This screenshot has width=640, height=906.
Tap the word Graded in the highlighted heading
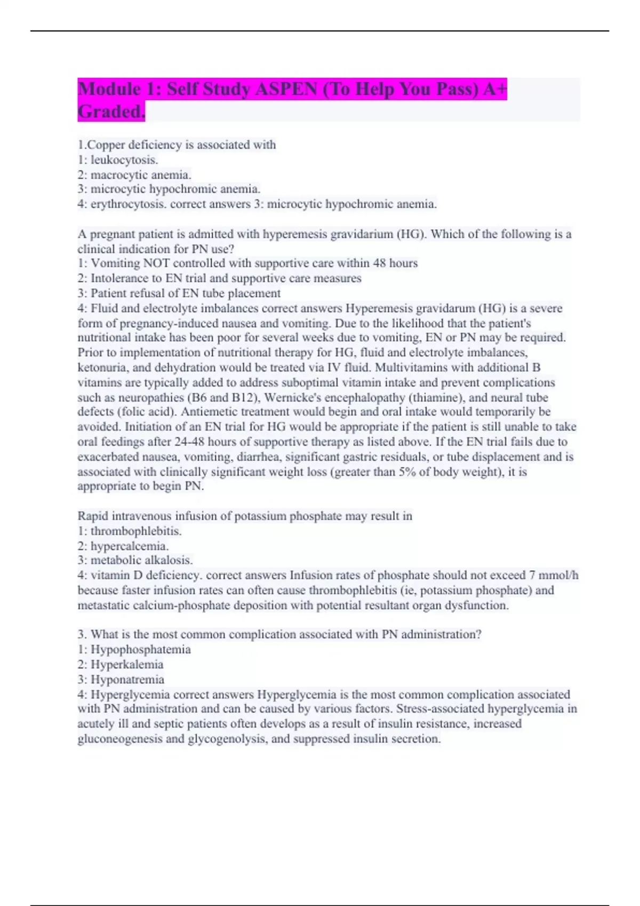[x=110, y=111]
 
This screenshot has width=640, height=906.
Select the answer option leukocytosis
[x=124, y=160]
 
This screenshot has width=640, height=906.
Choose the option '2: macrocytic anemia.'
[x=134, y=175]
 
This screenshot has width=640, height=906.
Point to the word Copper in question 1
[x=104, y=145]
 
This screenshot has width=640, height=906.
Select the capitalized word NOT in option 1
[x=156, y=263]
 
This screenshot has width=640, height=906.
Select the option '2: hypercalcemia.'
[x=123, y=546]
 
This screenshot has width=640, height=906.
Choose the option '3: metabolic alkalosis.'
[x=135, y=560]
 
